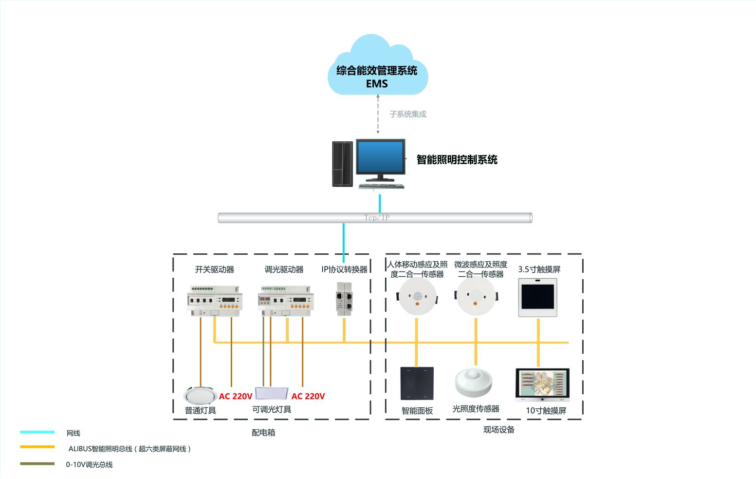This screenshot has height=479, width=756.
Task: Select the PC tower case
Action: [343, 164]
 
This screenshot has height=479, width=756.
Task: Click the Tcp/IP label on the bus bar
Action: [376, 218]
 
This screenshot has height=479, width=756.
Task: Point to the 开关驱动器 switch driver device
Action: [215, 300]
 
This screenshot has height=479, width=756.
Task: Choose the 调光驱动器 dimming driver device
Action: [285, 300]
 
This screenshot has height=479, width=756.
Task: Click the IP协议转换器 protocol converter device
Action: [345, 299]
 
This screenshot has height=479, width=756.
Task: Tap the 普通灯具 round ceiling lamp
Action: [200, 395]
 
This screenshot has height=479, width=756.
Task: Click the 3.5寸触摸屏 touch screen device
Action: [537, 297]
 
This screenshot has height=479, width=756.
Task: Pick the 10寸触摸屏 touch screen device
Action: [542, 384]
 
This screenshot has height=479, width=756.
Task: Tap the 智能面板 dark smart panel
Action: [417, 383]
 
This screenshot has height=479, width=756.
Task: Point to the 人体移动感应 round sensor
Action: [417, 296]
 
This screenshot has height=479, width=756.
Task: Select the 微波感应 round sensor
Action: [476, 296]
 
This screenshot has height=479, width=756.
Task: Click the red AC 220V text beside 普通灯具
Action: [236, 396]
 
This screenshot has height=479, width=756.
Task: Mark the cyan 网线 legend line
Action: [37, 432]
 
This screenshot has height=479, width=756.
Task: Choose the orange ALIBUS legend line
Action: [37, 447]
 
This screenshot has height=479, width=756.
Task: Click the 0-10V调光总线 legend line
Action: [37, 464]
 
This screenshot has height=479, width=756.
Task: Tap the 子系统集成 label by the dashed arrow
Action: [407, 114]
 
